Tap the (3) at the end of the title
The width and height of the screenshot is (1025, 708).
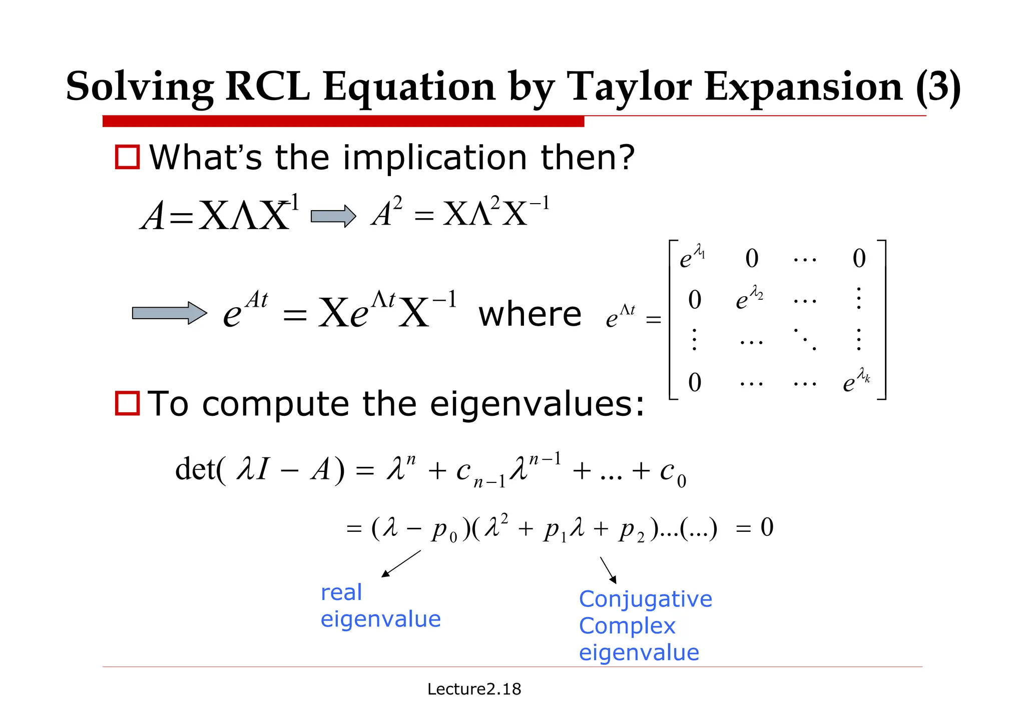click(938, 87)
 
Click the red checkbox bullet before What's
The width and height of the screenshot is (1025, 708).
click(127, 157)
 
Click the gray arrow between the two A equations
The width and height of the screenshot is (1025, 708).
click(333, 216)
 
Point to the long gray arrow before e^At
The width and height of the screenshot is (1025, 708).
click(169, 313)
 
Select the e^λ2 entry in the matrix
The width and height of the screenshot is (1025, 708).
click(749, 298)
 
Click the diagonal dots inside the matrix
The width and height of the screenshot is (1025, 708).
click(805, 339)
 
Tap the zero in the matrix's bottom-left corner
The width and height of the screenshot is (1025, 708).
click(695, 382)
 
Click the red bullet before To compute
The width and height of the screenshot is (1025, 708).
click(127, 403)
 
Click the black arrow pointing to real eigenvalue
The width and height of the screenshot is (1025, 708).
click(401, 564)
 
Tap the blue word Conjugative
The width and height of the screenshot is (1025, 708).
click(645, 599)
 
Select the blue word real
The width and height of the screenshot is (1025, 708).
click(341, 593)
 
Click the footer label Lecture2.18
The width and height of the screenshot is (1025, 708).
click(474, 689)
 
